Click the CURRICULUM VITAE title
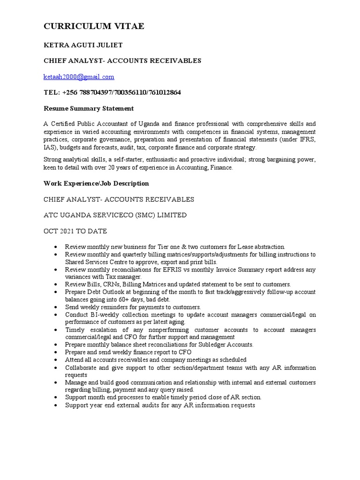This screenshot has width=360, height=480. coord(94,27)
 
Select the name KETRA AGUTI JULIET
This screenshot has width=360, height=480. coord(83,45)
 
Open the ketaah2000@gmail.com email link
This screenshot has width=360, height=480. coord(79,77)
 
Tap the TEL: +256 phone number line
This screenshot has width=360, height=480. coord(112,92)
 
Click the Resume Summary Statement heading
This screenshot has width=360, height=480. coord(89,108)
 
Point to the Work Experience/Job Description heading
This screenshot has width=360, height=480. coord(96,183)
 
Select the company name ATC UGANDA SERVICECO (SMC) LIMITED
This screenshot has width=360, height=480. coord(115,215)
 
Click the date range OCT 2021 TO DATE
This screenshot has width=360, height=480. coord(75,231)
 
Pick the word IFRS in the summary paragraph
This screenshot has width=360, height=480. coord(307,140)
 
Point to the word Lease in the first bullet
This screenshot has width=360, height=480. coord(247,247)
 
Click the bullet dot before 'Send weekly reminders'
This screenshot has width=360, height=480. coord(56,307)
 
